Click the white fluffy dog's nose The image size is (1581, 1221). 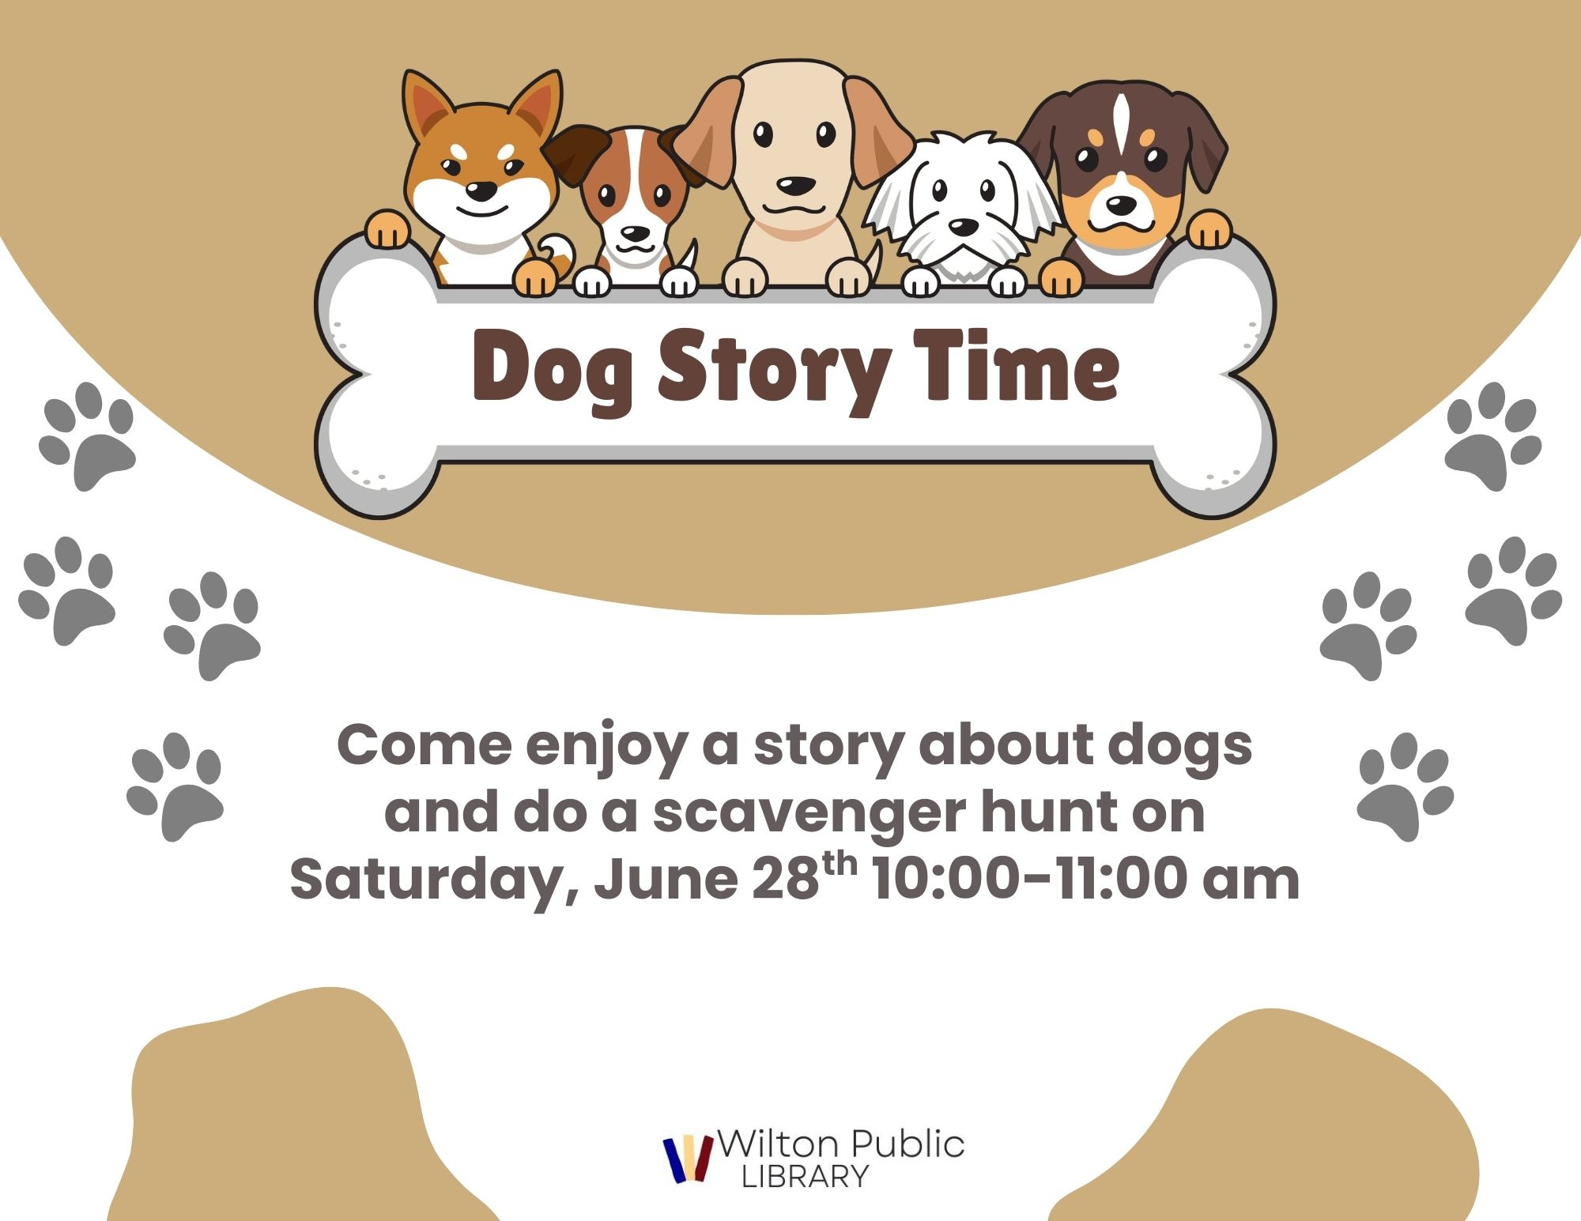click(x=962, y=228)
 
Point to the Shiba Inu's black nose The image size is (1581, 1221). click(x=481, y=190)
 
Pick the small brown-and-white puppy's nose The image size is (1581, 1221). click(x=634, y=234)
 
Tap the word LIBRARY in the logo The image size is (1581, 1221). click(x=805, y=1177)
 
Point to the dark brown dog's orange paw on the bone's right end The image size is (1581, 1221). click(x=1210, y=228)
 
